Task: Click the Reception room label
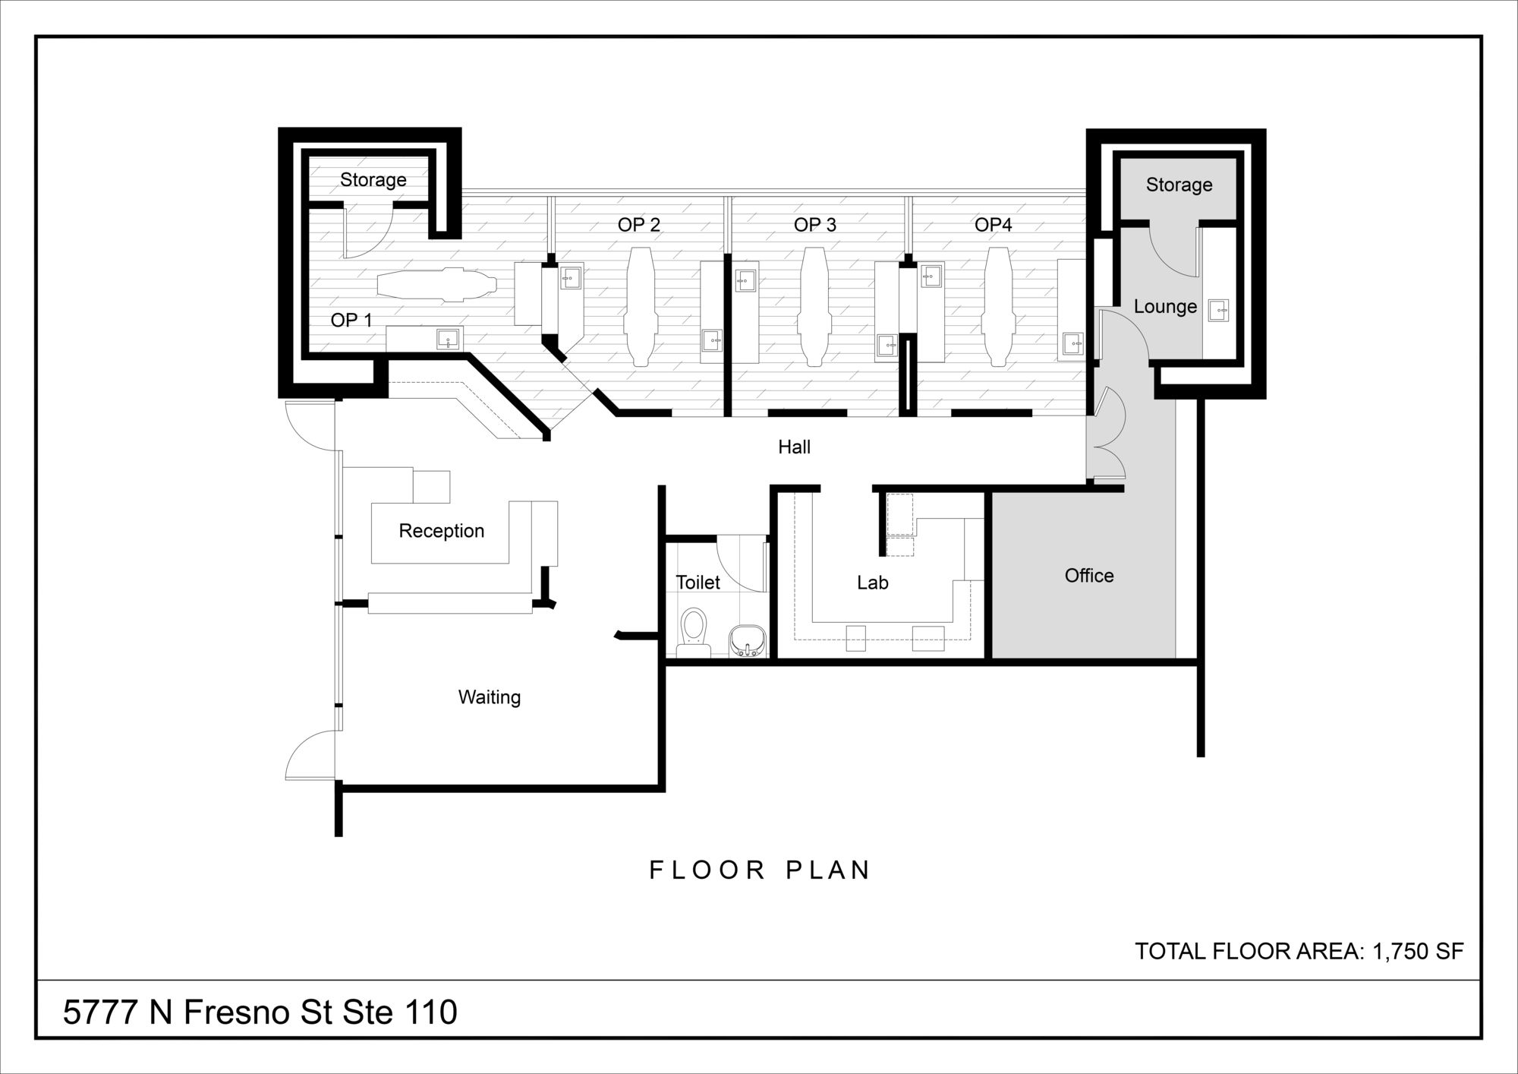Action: point(441,531)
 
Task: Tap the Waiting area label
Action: point(490,697)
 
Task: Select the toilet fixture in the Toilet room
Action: point(693,632)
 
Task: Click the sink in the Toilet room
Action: point(748,641)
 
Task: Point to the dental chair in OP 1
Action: point(436,285)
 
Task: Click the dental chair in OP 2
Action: point(640,308)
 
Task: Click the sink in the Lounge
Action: point(1218,309)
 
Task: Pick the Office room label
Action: point(1089,576)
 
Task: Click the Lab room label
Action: point(872,583)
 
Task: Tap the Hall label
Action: point(794,447)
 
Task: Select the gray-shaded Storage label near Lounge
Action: point(1179,185)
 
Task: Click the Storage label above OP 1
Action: point(373,180)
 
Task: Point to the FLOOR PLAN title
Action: point(759,870)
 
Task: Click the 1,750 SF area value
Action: point(1418,951)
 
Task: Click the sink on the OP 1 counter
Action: point(449,340)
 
